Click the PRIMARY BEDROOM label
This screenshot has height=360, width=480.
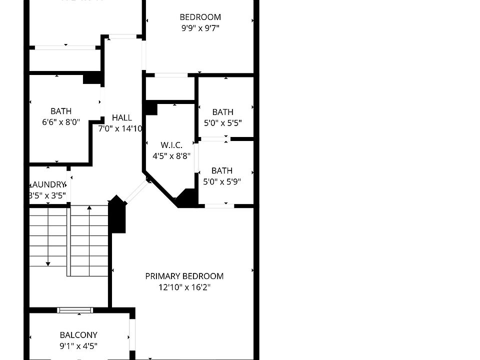(x=184, y=276)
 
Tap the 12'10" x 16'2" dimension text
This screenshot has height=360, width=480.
(x=184, y=287)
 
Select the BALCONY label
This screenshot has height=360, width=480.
(x=78, y=335)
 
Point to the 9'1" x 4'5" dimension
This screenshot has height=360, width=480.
(x=78, y=345)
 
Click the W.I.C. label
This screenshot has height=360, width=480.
(x=171, y=145)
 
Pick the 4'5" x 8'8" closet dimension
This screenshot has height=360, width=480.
(x=171, y=155)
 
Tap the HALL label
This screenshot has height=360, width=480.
(x=122, y=117)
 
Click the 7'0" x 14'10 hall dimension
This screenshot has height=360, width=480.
(x=120, y=128)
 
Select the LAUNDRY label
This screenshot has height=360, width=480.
(x=48, y=184)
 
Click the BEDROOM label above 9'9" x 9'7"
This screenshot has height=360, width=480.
(x=200, y=17)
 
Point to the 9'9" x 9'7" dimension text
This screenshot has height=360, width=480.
(x=200, y=28)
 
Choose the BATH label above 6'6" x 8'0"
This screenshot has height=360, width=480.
(x=61, y=111)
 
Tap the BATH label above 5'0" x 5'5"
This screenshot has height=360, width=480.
(x=222, y=112)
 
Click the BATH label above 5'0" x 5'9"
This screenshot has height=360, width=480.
(x=222, y=170)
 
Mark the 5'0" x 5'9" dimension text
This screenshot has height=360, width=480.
(x=222, y=181)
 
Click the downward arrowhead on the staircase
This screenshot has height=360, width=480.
(x=48, y=263)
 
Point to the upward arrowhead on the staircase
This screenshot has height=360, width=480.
(x=89, y=207)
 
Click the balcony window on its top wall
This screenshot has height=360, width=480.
(x=75, y=310)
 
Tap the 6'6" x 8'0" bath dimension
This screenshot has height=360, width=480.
(x=61, y=122)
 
